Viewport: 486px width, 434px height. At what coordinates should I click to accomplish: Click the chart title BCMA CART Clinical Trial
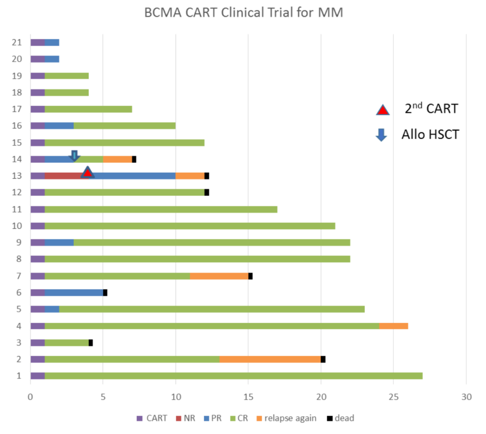[x=243, y=13]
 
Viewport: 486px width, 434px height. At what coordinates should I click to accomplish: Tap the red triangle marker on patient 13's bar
[x=88, y=172]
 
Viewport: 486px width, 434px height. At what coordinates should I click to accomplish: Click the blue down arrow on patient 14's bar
[x=74, y=156]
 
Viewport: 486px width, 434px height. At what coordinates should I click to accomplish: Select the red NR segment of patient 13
[x=63, y=176]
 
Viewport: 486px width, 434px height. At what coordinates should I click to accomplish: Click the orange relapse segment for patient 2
[x=270, y=359]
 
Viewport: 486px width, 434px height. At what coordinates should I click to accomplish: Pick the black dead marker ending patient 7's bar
[x=250, y=276]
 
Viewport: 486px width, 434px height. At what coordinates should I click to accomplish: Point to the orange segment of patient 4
[x=394, y=326]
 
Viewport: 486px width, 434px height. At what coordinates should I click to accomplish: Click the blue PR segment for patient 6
[x=74, y=293]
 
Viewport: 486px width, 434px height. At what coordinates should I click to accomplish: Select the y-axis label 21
[x=17, y=42]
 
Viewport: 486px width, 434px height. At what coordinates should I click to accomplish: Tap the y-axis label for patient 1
[x=19, y=376]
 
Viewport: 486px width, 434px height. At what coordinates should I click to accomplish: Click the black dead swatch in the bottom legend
[x=330, y=418]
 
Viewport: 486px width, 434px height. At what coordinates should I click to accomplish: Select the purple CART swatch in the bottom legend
[x=139, y=418]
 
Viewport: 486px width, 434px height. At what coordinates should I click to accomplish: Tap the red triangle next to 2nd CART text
[x=382, y=110]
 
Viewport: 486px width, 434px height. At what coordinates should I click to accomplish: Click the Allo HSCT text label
[x=430, y=134]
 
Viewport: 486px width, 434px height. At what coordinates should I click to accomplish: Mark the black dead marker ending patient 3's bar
[x=90, y=343]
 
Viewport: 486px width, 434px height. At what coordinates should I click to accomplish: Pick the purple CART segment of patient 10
[x=37, y=226]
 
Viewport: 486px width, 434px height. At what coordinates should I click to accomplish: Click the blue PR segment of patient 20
[x=52, y=59]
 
